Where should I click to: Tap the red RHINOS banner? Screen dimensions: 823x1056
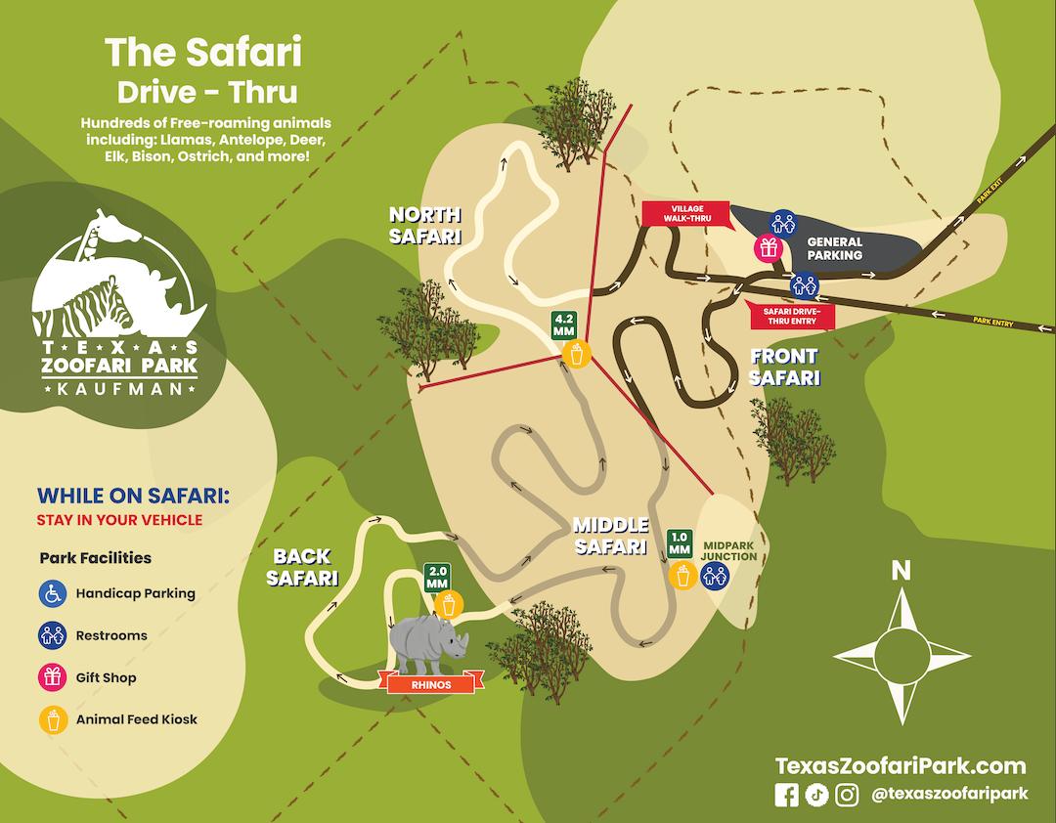point(431,684)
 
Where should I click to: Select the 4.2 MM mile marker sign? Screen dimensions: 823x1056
point(564,325)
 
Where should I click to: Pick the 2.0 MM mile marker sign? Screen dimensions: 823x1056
point(436,578)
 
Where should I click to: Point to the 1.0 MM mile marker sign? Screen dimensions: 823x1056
point(680,542)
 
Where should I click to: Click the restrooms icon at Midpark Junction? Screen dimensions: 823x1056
point(715,576)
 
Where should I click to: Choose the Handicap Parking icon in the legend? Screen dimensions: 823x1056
point(52,592)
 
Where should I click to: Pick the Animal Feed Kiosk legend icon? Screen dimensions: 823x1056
point(52,719)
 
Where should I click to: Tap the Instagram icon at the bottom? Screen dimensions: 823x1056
point(847,795)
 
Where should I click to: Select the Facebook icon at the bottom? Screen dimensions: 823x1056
point(786,795)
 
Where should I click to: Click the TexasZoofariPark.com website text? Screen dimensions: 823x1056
point(901,765)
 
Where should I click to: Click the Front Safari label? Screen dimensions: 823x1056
point(784,367)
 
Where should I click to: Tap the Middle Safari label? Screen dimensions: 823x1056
point(611,536)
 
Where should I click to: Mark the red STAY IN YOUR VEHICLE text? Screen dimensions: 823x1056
point(119,520)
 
